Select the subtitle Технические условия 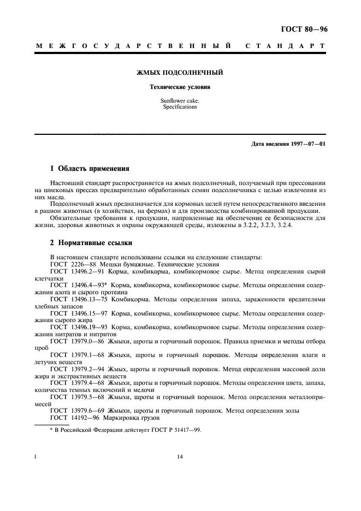click(x=180, y=87)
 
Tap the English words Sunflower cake click(x=180, y=101)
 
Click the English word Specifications click(x=180, y=107)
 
